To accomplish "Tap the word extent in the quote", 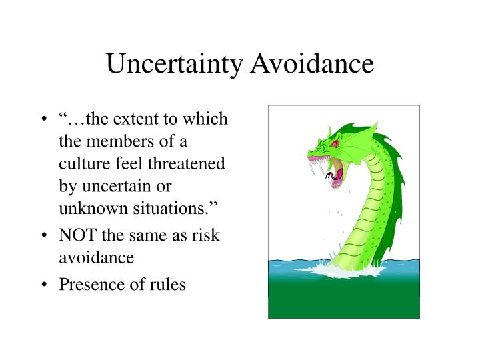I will (140, 119).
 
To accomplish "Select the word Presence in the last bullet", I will (87, 284).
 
